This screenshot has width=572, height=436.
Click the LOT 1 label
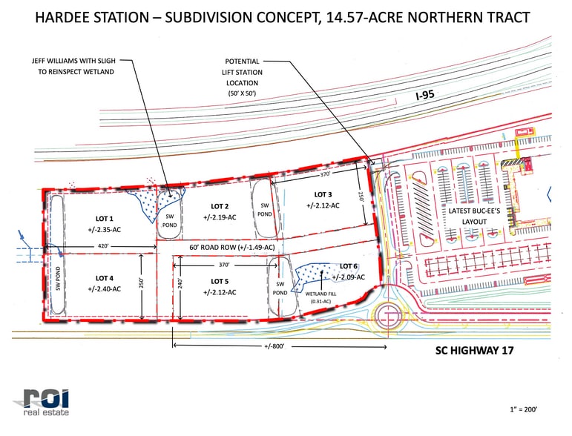click(104, 219)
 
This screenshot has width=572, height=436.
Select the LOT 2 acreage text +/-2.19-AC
click(220, 217)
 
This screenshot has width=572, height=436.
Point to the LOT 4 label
click(104, 278)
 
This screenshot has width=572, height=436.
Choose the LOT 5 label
click(220, 281)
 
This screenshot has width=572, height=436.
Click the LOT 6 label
click(349, 265)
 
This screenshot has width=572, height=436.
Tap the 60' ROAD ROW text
click(232, 247)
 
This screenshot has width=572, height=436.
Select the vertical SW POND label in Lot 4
click(57, 280)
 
